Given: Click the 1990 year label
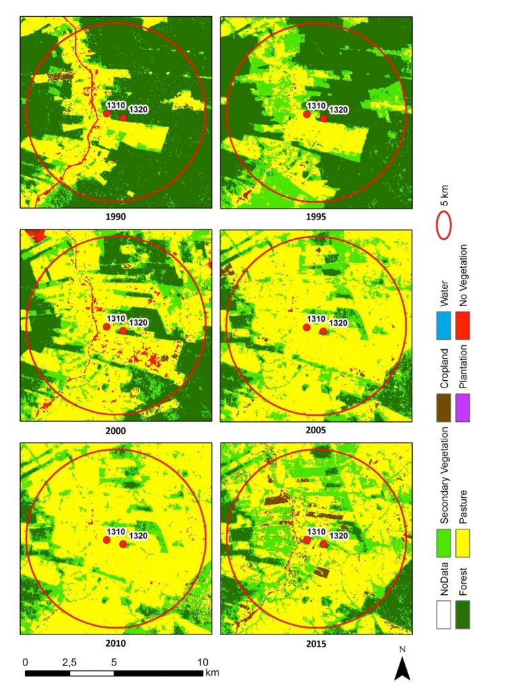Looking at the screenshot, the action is click(116, 217).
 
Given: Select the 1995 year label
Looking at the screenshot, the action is click(316, 217).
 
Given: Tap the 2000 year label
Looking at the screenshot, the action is click(116, 431).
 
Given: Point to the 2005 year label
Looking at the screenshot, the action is click(316, 430).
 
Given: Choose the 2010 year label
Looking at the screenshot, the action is click(116, 643).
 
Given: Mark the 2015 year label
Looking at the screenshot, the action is click(316, 644).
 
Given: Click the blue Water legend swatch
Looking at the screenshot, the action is click(444, 326).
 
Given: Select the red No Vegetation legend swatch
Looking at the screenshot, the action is click(463, 326).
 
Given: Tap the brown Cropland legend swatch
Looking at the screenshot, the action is click(444, 408).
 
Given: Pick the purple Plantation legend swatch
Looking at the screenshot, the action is click(463, 408).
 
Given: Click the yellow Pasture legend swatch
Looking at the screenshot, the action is click(463, 543).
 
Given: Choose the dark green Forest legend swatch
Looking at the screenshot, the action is click(463, 615).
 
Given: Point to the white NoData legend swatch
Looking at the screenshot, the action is click(444, 615).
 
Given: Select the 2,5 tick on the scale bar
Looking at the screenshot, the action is click(69, 662).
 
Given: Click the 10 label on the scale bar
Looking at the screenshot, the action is click(202, 662).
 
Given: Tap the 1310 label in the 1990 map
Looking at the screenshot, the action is click(116, 106).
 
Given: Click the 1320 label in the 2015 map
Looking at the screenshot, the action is click(338, 536).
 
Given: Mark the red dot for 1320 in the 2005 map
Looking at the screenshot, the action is click(323, 331).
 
